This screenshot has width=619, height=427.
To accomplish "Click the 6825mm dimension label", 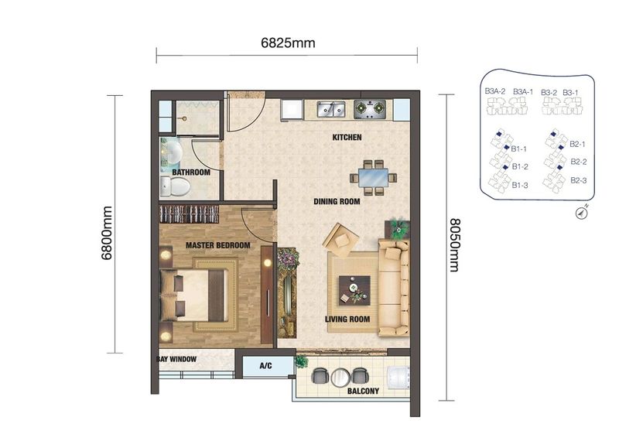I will pos(287,43).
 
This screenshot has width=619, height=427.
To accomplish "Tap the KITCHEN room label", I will pos(347,138).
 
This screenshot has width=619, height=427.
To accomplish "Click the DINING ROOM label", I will pos(337,202).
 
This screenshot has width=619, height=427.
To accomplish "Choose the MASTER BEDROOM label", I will pos(217,245).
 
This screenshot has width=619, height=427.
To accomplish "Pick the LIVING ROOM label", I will pos(347,319).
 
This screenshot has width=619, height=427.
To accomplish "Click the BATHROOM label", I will pos(190,173).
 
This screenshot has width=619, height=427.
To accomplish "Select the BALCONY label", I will pos(363,391).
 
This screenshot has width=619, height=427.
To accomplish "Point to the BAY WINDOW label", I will pos(176,360).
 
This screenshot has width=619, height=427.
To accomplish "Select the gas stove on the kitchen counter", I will pos(370,110).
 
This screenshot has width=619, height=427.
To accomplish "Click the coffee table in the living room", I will pos(354,290).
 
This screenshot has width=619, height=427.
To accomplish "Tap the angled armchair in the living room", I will pos(340,239).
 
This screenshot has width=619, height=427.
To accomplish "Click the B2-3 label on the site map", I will pos(578,180).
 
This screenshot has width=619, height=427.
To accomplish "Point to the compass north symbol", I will pos(580,214).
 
